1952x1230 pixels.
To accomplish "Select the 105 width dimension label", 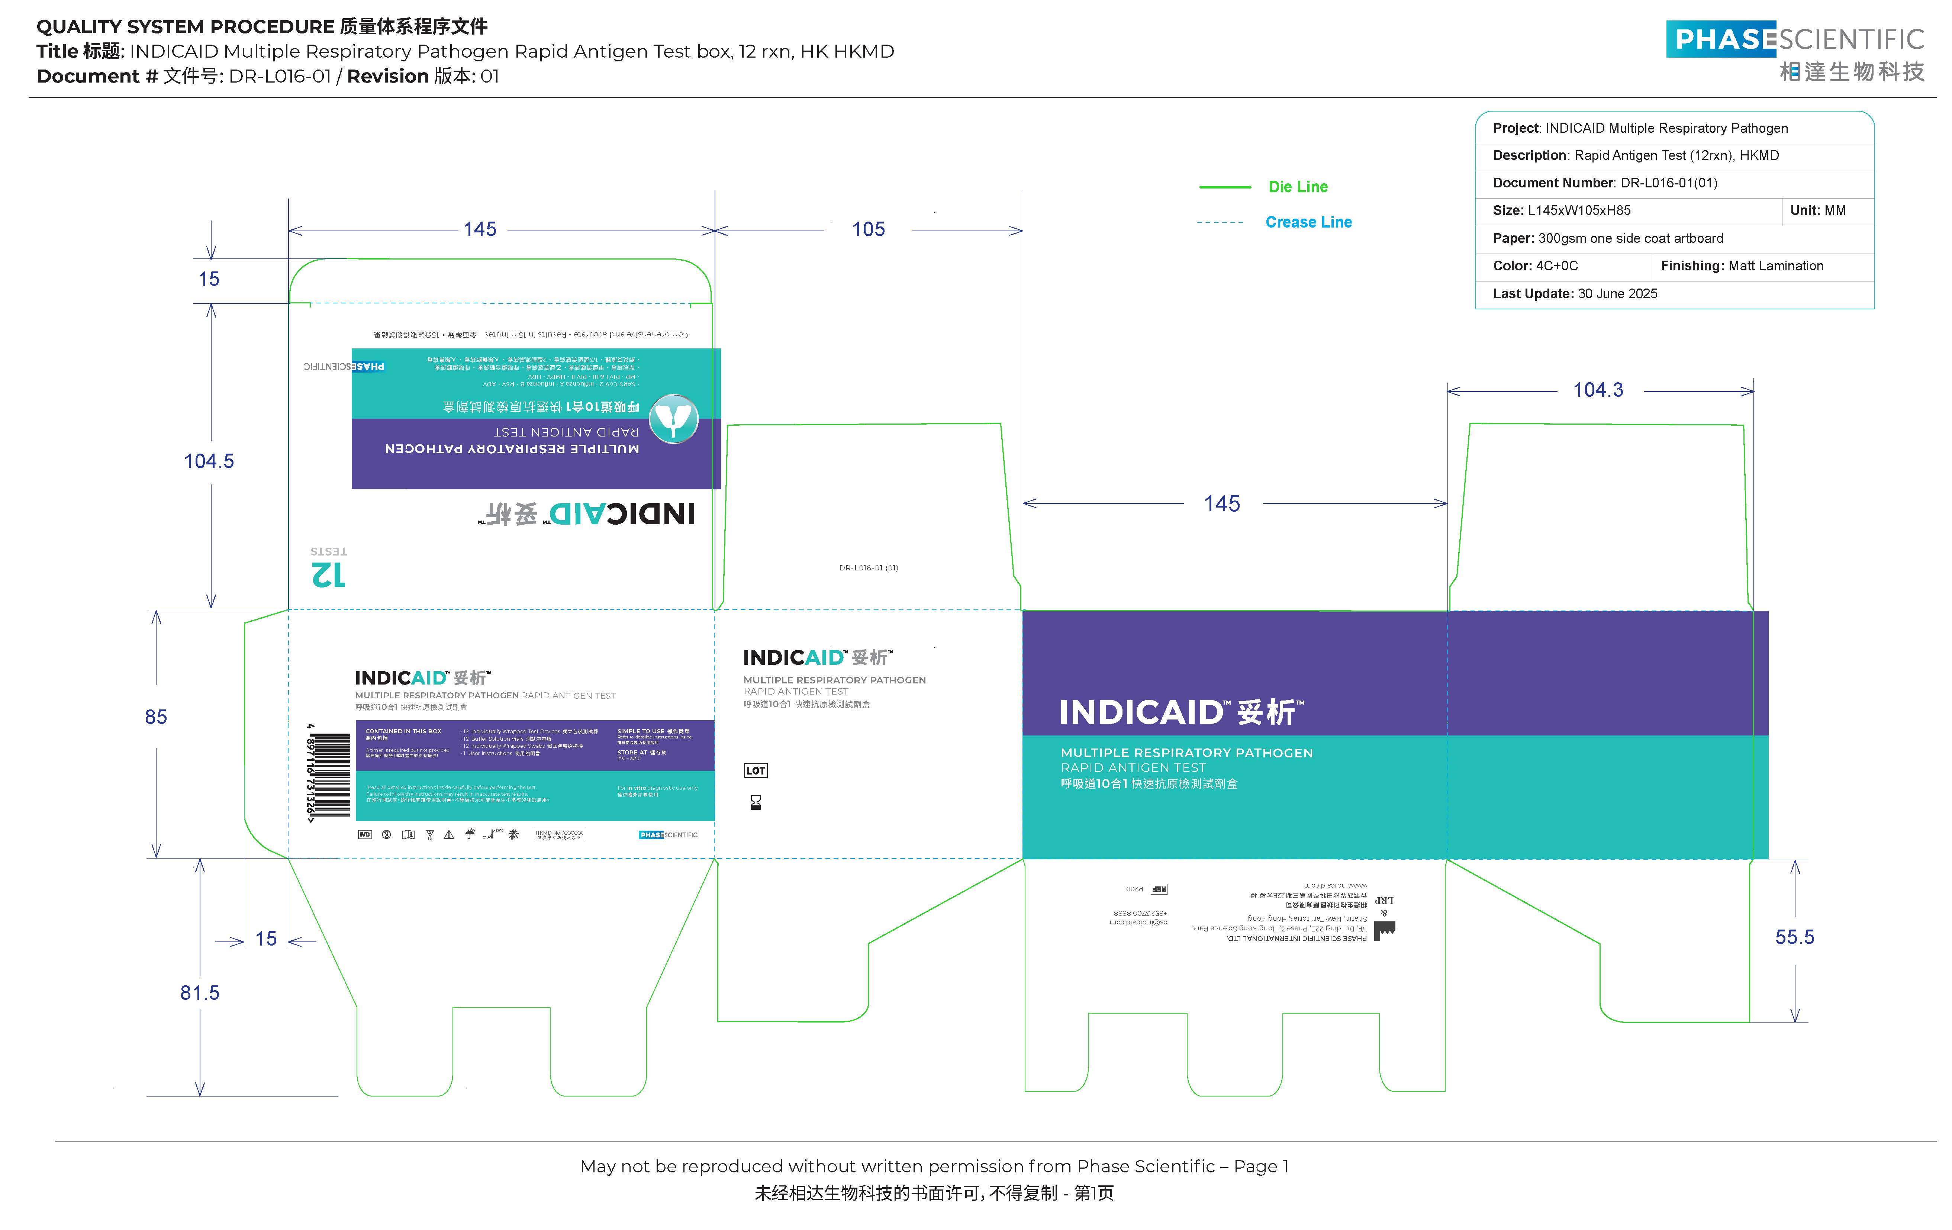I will pos(868,229).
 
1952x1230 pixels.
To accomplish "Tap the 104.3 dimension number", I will pos(1598,390).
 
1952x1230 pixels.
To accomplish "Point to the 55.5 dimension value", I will pos(1794,937).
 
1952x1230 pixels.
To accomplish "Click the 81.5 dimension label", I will pos(199,992).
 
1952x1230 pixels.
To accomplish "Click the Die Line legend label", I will pos(1298,187).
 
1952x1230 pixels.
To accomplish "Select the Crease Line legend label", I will pos(1308,222).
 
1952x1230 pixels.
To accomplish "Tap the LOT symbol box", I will pos(756,770).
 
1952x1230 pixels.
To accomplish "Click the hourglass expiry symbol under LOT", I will pos(756,803).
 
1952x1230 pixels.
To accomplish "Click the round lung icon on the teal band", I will pos(674,418).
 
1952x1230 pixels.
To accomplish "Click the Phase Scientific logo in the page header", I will pos(1795,50).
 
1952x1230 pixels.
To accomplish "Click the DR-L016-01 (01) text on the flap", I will pos(868,567).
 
